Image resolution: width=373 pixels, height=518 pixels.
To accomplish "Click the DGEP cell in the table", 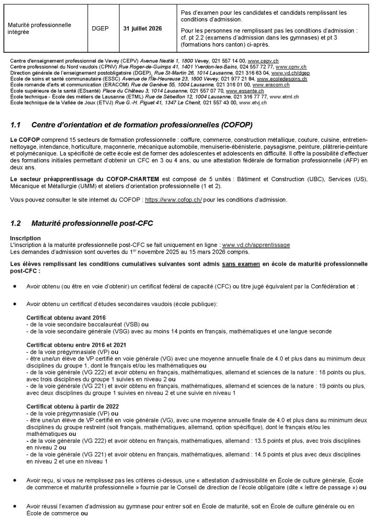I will (x=103, y=28).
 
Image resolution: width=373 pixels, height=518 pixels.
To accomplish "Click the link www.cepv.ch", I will (x=262, y=62).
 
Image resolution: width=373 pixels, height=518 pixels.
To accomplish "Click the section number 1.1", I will (x=15, y=126).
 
